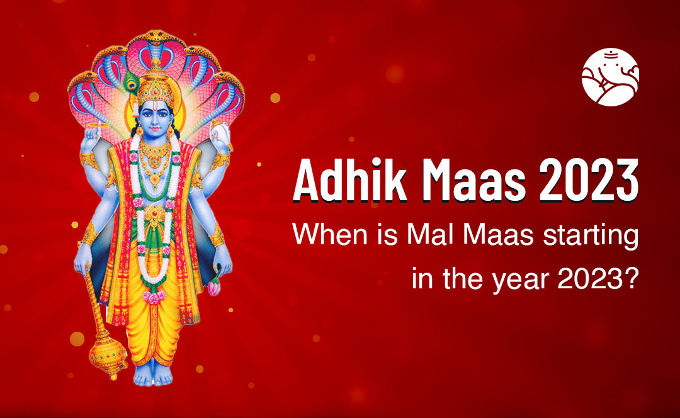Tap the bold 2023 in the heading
(x=589, y=180)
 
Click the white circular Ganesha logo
(x=610, y=77)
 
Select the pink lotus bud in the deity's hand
(x=214, y=286)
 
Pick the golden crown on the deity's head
(x=156, y=87)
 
